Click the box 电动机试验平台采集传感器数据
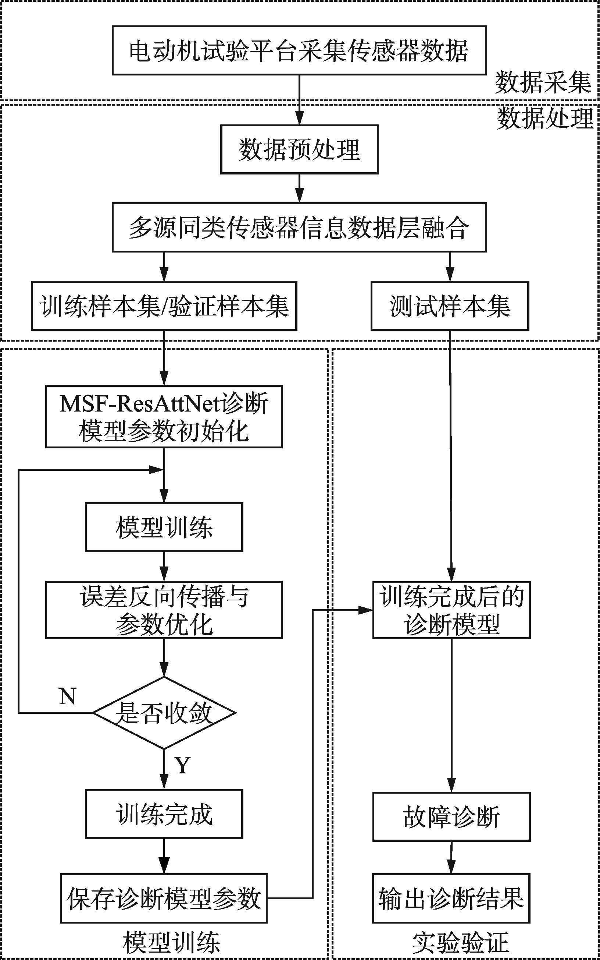[x=299, y=50]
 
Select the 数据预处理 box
[x=299, y=149]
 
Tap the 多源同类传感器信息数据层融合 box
[x=299, y=227]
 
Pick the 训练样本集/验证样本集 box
[x=164, y=306]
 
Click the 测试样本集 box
[x=450, y=306]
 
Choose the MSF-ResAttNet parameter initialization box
[x=164, y=417]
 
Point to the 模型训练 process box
[x=164, y=527]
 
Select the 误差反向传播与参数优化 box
[x=164, y=610]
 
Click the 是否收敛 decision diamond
[x=164, y=713]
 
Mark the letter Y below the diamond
[x=183, y=765]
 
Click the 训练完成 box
[x=164, y=814]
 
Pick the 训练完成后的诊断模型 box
[x=451, y=610]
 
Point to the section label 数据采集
[x=543, y=82]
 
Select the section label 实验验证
[x=460, y=943]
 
